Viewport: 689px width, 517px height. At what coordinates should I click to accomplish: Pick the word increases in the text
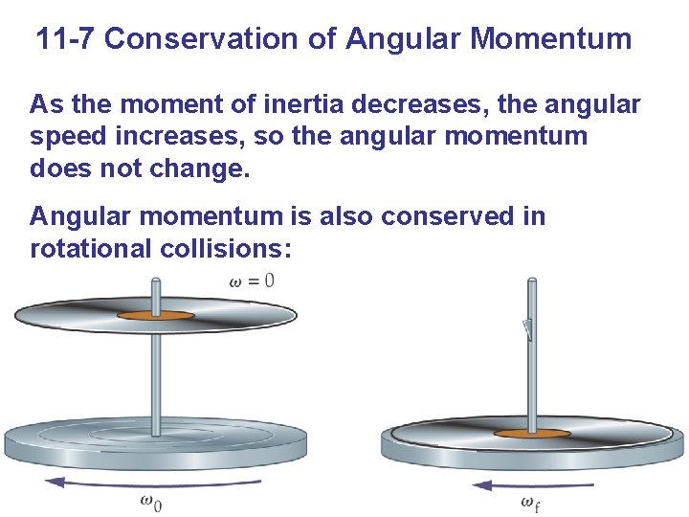pos(193,136)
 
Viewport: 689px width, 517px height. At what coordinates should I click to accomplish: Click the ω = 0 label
pos(252,281)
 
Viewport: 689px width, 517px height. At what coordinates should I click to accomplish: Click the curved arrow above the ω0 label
pos(153,483)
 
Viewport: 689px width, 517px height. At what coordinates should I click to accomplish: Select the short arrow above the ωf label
pos(532,485)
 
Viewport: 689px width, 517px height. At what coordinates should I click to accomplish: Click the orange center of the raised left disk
pos(154,315)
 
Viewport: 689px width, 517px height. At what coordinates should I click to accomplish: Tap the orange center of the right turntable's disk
pos(530,433)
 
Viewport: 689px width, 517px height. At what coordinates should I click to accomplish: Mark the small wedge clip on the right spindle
pos(526,329)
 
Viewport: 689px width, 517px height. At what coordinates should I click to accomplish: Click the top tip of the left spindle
pos(157,280)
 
